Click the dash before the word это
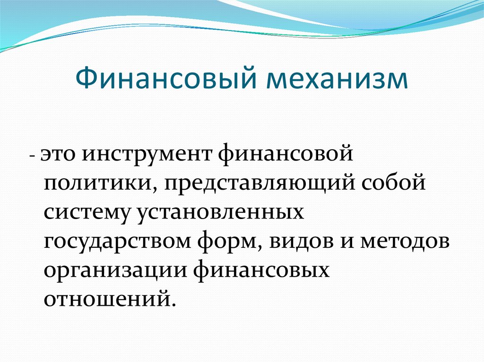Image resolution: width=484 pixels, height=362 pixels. pyautogui.click(x=32, y=156)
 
